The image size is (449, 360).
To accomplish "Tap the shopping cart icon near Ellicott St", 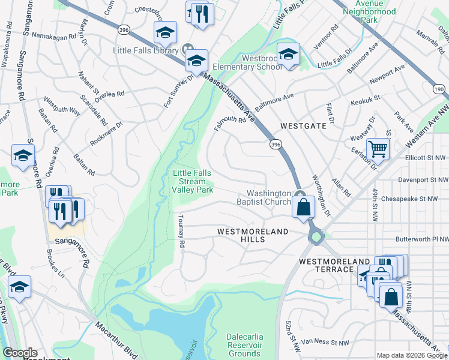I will click(378, 148).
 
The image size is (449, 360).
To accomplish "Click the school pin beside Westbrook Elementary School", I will click(288, 54).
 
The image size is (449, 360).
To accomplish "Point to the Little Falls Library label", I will click(146, 50).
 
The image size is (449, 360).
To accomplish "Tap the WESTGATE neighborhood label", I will click(303, 126).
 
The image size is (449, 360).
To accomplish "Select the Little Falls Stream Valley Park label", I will click(193, 181).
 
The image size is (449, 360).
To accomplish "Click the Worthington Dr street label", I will click(321, 196).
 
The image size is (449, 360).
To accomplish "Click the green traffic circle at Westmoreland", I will click(316, 238).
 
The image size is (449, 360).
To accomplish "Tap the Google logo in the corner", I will click(19, 353).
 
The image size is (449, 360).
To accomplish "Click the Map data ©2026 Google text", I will click(412, 355).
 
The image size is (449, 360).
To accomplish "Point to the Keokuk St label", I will click(366, 100).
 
